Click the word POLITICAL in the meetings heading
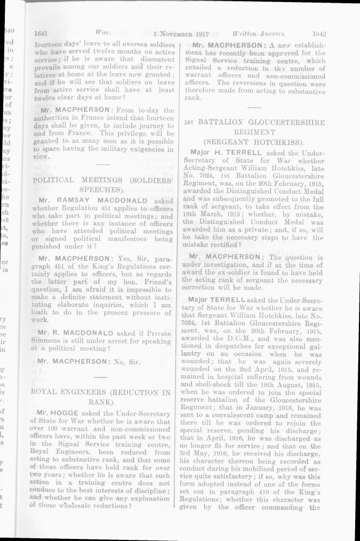(55, 179)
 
